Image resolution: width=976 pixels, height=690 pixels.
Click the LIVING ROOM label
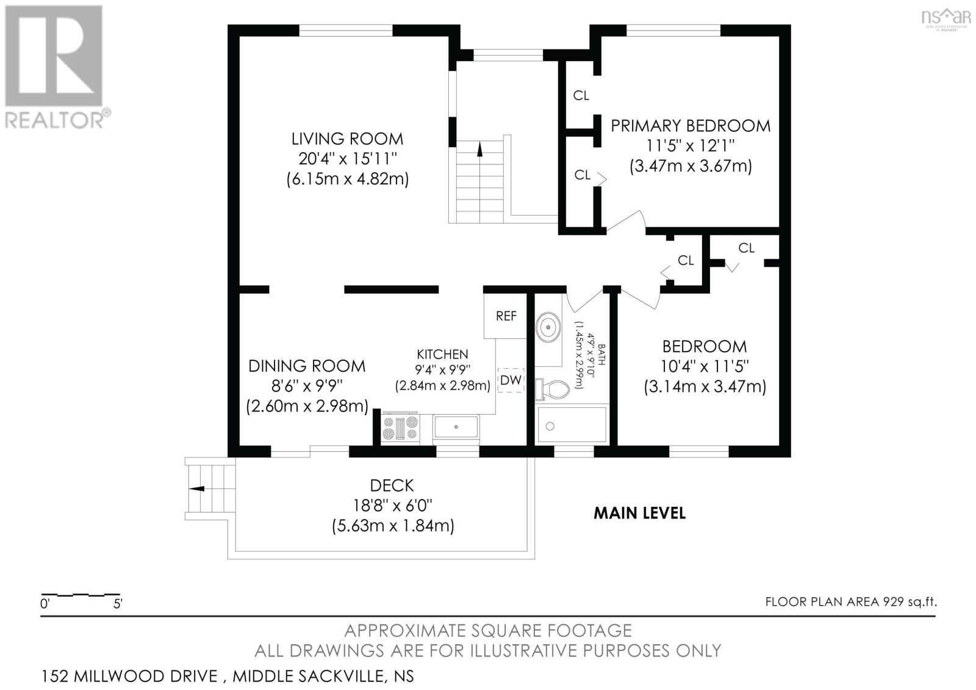(347, 139)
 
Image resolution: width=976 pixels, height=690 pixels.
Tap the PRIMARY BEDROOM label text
(691, 126)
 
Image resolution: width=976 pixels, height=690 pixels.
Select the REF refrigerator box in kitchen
(506, 316)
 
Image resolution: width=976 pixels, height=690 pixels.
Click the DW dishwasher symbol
(511, 380)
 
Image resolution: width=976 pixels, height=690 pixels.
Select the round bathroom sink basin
(549, 327)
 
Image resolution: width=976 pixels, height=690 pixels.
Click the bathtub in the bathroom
(572, 426)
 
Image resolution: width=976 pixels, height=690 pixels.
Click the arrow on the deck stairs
(196, 488)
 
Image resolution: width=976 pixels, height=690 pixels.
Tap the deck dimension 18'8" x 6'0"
(392, 506)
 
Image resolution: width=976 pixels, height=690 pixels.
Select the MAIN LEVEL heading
(639, 514)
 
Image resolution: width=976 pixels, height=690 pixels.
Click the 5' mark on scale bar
(118, 605)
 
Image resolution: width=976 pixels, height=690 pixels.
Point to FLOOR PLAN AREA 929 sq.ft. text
(850, 602)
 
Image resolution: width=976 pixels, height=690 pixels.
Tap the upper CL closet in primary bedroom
(581, 96)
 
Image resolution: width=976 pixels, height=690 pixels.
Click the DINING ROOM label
(307, 366)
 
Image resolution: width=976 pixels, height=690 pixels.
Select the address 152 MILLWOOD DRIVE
(129, 677)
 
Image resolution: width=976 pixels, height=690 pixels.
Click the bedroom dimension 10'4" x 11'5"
(705, 366)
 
